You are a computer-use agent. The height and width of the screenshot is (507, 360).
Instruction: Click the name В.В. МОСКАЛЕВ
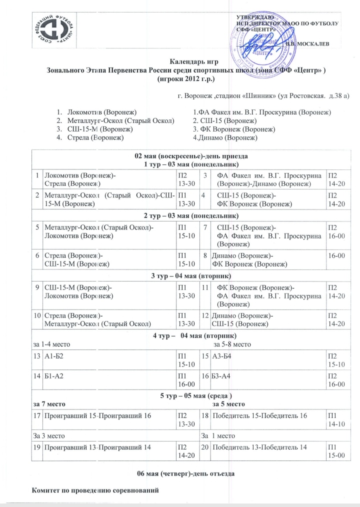(306, 44)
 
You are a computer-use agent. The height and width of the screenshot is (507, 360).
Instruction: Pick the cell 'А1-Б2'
(54, 355)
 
